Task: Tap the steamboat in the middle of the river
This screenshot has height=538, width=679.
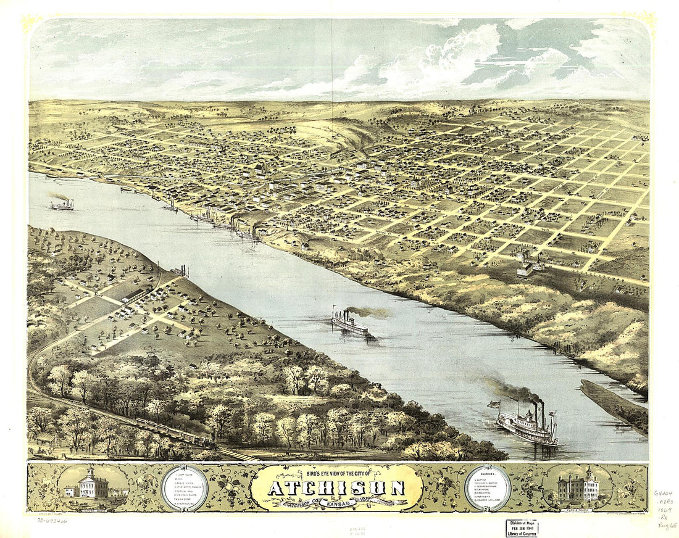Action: [350, 323]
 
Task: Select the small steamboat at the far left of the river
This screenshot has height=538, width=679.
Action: [62, 204]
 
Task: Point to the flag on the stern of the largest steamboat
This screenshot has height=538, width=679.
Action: [493, 405]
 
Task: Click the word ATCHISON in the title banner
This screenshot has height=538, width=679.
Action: [336, 487]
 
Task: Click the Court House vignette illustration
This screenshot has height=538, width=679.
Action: [92, 485]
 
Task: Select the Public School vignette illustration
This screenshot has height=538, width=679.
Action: [578, 487]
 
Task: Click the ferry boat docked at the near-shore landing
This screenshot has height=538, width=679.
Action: [180, 271]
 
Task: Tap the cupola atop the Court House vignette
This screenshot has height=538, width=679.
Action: [91, 471]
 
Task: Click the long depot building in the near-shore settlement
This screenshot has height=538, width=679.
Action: [133, 296]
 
